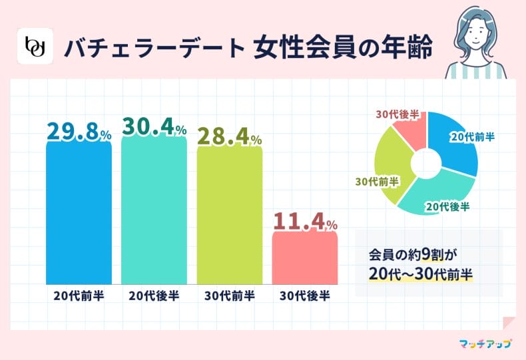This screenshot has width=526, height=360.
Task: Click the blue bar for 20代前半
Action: pos(79,213)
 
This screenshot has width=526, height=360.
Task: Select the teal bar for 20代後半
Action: pos(154,213)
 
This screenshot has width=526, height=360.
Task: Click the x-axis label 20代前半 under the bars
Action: pos(79,295)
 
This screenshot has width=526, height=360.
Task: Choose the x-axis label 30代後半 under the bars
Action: pos(305,295)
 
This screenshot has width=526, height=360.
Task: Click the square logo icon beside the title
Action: pos(34,47)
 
